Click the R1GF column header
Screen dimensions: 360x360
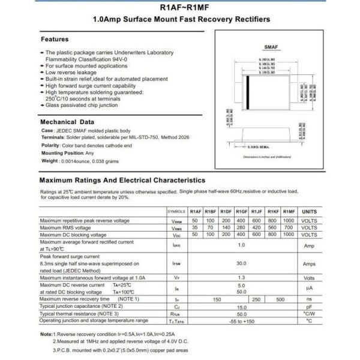[x=242, y=212]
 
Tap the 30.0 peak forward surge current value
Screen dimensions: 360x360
[x=242, y=263]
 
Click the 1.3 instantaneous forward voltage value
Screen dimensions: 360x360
[x=242, y=278]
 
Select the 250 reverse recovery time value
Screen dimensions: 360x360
[x=257, y=298]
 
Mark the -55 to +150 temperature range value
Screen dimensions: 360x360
[x=242, y=320]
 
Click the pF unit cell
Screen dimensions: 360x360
[x=309, y=306]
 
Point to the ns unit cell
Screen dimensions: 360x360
[x=309, y=298]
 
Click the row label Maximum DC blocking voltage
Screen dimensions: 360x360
[x=73, y=235]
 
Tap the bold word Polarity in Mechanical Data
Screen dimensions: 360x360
[x=50, y=145]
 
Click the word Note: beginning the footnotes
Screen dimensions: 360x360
[x=46, y=334]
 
